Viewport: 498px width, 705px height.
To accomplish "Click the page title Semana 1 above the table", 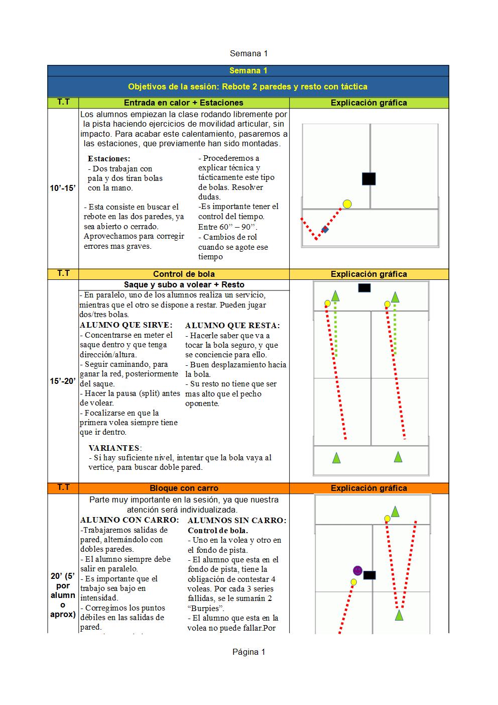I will (x=248, y=53).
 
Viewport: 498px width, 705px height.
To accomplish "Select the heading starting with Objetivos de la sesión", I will (x=248, y=86).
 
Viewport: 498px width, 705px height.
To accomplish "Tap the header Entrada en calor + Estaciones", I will (x=184, y=103).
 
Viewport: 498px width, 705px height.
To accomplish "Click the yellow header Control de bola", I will (x=184, y=274).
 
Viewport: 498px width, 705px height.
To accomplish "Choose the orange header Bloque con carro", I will (x=184, y=488).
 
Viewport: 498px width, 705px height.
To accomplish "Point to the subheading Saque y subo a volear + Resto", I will (x=184, y=285).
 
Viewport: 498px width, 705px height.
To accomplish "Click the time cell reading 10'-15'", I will (x=63, y=188).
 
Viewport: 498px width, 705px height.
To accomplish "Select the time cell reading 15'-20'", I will (x=63, y=381).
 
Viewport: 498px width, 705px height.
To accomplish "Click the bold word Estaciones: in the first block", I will (x=109, y=159).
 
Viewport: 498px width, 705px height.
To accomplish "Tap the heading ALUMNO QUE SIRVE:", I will (x=126, y=325).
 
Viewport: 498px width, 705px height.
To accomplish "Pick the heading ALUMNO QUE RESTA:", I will (x=232, y=326).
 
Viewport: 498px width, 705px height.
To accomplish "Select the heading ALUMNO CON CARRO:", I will (x=130, y=520).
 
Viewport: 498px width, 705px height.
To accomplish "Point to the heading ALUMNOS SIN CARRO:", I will (x=237, y=520).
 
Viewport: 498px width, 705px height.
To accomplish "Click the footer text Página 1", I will (x=248, y=652).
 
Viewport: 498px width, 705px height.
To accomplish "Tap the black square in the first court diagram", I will (x=368, y=178).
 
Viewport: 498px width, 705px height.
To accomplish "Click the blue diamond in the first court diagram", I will (x=325, y=230).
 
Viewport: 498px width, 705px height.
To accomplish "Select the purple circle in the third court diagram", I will (x=357, y=570).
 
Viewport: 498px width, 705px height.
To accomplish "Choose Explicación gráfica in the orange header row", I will (x=368, y=488).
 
